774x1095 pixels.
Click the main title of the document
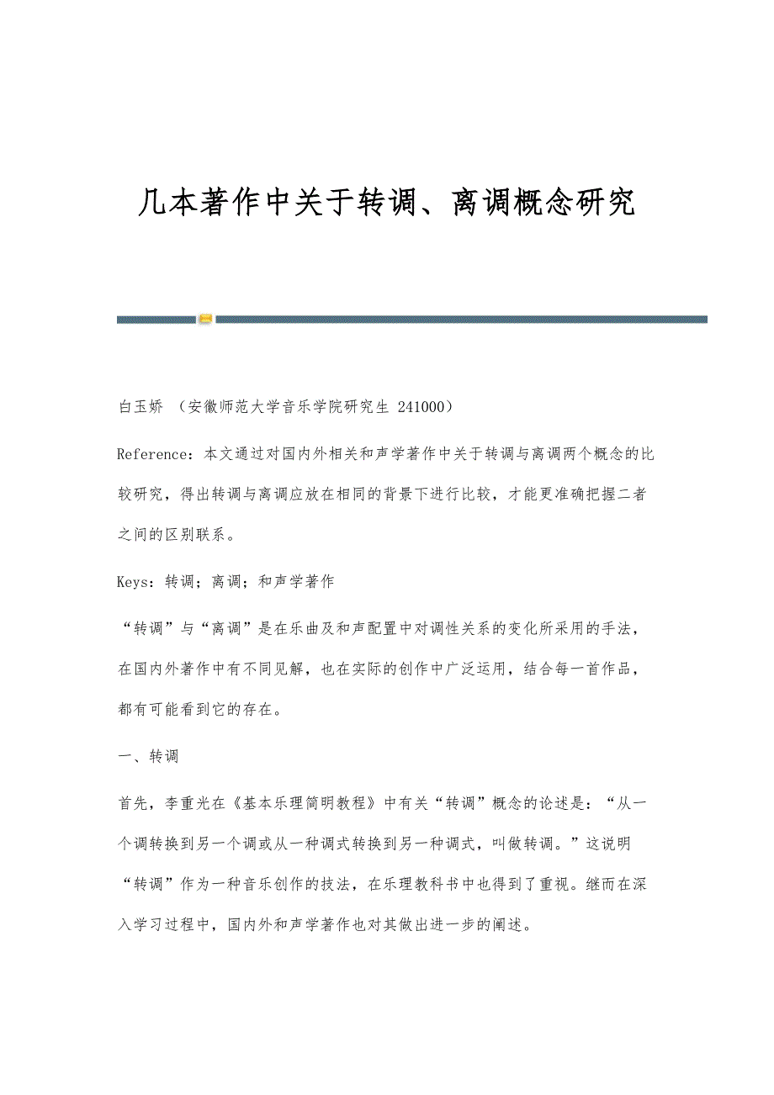pos(386,203)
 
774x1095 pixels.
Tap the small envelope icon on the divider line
pos(205,320)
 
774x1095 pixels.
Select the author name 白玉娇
pos(141,408)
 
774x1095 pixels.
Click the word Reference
pos(153,455)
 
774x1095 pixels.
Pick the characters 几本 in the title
pos(156,203)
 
